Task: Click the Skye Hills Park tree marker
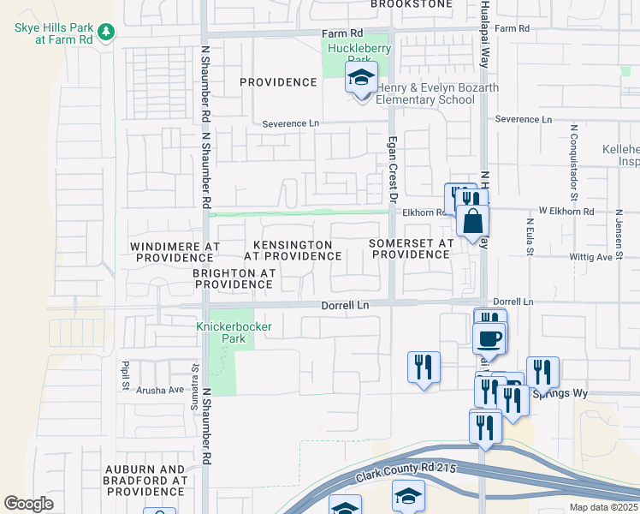coord(105,32)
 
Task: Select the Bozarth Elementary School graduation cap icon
coord(361,79)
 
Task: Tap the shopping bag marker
coord(472,222)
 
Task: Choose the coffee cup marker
coord(489,338)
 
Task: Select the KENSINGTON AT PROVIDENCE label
coord(292,250)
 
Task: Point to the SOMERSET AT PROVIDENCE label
coord(411,249)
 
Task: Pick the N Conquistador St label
coord(571,158)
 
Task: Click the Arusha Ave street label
coord(165,390)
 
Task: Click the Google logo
coord(28,504)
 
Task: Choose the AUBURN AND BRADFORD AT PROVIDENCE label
coord(145,481)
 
